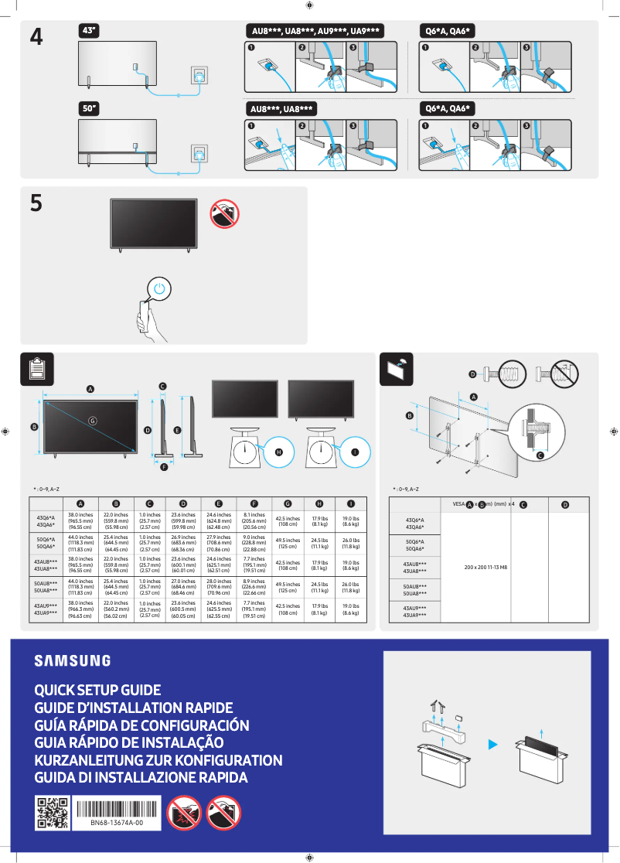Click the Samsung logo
[x=72, y=660]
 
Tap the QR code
[x=52, y=814]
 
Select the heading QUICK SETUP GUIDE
[x=97, y=690]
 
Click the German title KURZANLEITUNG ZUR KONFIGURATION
[x=158, y=760]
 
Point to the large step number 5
[x=36, y=203]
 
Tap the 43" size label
[x=90, y=30]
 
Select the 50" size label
[x=90, y=109]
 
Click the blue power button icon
[x=158, y=288]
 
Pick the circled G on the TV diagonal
[x=92, y=421]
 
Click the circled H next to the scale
[x=279, y=452]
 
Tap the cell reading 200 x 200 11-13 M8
[x=485, y=567]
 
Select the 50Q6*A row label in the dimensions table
[x=46, y=541]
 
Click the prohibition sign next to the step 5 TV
[x=224, y=213]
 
